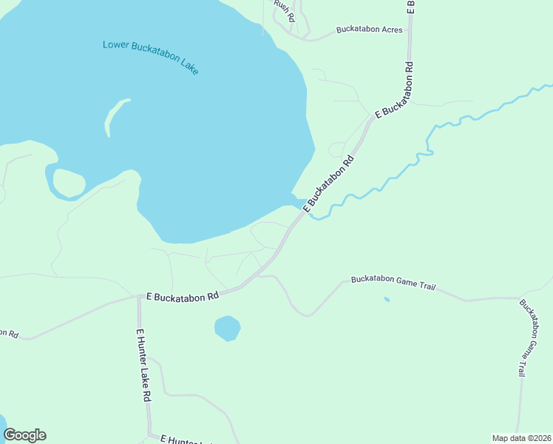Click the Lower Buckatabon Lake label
tap(151, 56)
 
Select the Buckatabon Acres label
tap(369, 30)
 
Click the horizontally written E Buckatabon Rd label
tap(183, 295)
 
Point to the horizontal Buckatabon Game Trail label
tap(393, 281)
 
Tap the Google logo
tap(24, 435)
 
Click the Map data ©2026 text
tap(521, 438)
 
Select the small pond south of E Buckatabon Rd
tap(227, 328)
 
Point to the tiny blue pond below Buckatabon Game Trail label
tap(386, 299)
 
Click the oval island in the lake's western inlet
tap(69, 183)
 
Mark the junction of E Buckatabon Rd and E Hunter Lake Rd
tap(139, 297)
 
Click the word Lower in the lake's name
tap(116, 45)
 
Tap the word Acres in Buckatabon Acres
tap(391, 30)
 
